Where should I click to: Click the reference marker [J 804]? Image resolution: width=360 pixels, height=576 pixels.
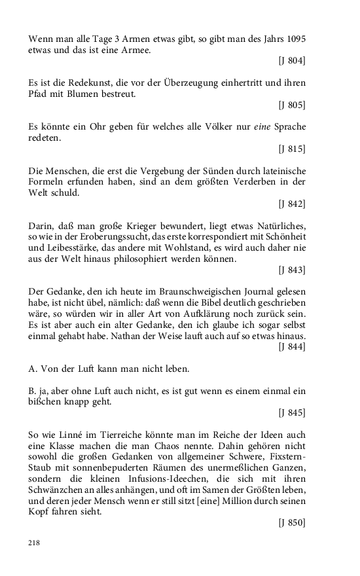click(291, 61)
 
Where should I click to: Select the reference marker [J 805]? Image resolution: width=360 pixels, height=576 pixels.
click(291, 105)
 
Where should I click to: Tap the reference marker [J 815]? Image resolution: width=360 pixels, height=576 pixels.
click(291, 149)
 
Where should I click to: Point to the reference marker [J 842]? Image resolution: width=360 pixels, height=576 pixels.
click(291, 204)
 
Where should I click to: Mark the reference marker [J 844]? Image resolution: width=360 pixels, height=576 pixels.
click(291, 347)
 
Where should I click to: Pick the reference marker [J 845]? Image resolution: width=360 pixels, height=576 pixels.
click(291, 413)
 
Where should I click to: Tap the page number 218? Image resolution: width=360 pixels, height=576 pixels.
click(35, 543)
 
